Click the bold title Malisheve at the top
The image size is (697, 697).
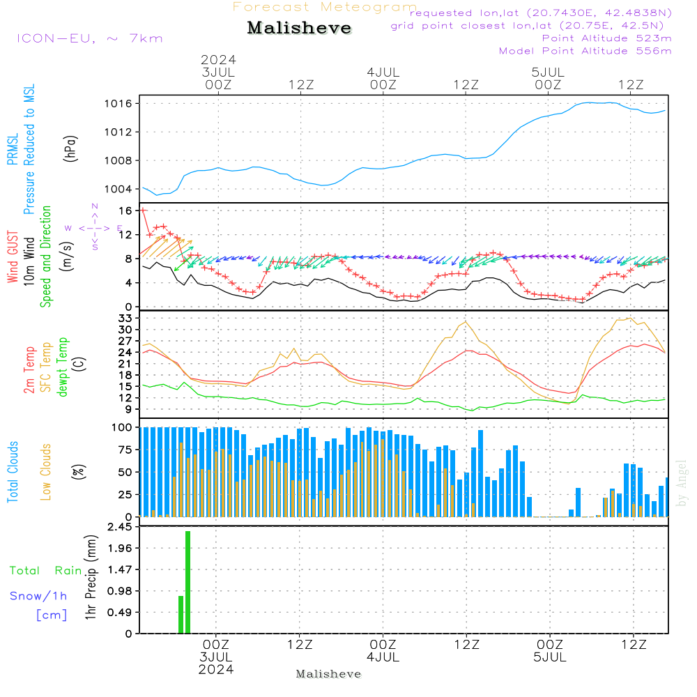(299, 29)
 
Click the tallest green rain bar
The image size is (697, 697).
(187, 582)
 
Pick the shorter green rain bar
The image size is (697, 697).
(181, 614)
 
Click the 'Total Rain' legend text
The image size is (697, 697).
(45, 571)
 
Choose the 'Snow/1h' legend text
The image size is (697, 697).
(38, 596)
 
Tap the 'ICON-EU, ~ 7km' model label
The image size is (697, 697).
(89, 38)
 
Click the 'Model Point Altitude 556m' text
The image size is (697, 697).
(585, 51)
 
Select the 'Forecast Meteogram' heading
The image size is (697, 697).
(324, 7)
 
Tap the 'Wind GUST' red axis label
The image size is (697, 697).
(13, 259)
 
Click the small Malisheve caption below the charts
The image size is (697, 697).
(328, 674)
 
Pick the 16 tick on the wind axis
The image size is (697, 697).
(125, 210)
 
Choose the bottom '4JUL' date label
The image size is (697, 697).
(383, 657)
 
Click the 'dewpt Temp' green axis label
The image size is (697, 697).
(63, 367)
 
